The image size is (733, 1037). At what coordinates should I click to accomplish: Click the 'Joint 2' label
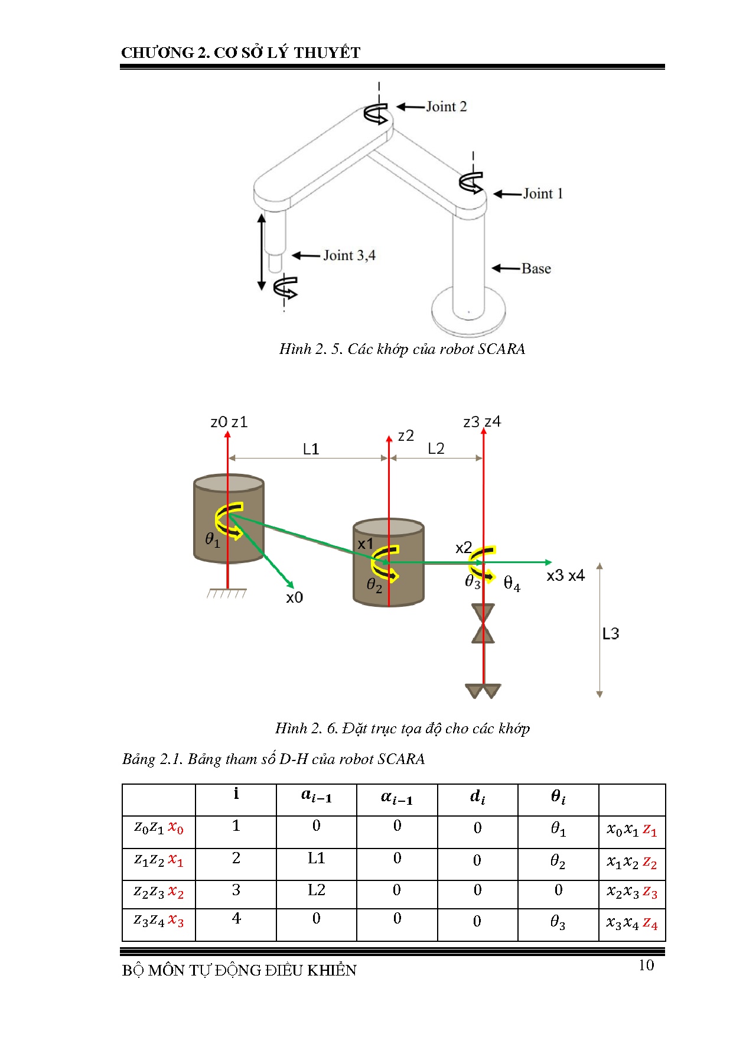point(446,107)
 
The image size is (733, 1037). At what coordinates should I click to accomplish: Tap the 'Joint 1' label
point(543,194)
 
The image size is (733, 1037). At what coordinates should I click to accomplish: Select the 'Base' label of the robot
point(536,269)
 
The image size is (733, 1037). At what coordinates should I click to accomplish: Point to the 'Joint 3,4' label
point(349,256)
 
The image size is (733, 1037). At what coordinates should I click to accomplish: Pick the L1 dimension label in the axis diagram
point(311,450)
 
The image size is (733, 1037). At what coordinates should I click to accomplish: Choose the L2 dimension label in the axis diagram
point(436,449)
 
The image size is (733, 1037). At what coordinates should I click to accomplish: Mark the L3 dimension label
point(611,634)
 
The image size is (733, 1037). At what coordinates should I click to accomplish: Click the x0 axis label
point(294,598)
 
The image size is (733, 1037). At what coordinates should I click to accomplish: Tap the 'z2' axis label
point(406,436)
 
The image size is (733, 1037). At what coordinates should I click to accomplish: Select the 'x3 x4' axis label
point(565,576)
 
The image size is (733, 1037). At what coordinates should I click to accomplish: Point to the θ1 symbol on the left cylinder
point(213,539)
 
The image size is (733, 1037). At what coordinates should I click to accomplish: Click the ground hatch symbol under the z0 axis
point(227,593)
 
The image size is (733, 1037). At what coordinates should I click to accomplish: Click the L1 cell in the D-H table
point(317,858)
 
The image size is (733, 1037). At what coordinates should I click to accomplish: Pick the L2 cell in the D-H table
point(317,890)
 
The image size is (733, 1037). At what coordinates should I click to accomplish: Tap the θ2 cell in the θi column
point(558,861)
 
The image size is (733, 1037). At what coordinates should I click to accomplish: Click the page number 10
point(646,966)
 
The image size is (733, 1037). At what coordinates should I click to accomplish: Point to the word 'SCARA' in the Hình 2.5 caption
point(501,349)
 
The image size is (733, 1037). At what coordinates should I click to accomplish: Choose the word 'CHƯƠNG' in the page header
point(157,53)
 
